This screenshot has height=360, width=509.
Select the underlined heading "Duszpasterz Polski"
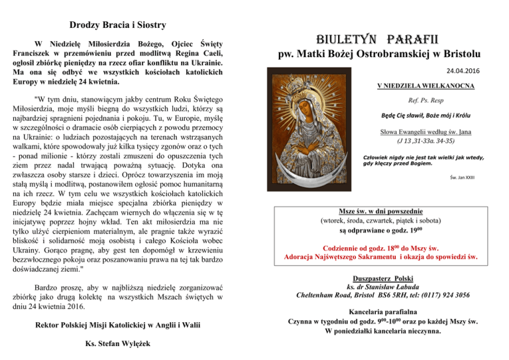coord(380,279)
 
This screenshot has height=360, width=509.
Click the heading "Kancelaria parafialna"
coord(380,312)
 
